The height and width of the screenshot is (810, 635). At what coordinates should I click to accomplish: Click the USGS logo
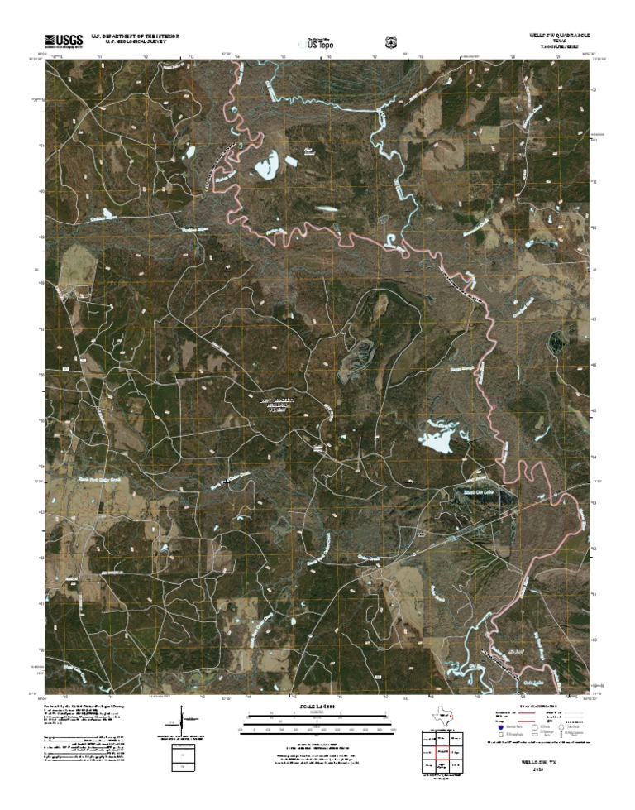tap(62, 40)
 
